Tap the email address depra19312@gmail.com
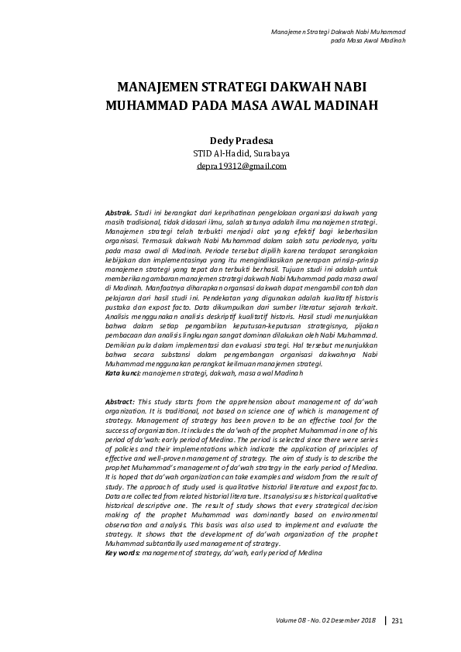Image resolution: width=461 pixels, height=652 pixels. coord(241,166)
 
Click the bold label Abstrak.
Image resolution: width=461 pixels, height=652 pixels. coord(119,211)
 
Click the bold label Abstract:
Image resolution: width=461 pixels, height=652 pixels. coord(120,402)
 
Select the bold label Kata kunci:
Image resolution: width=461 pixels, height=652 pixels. coord(122,373)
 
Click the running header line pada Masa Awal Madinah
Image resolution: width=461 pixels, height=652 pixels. coord(369,39)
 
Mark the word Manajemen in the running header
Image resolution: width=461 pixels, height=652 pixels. coord(288,31)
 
